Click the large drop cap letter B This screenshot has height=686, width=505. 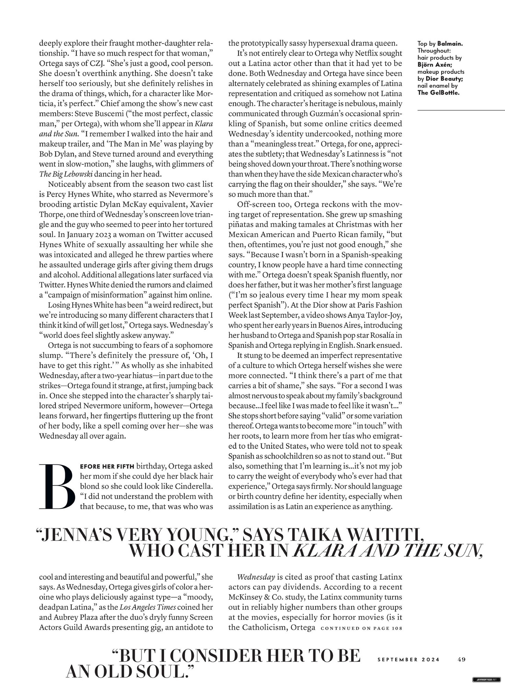[57, 486]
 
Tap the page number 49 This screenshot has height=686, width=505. [461, 659]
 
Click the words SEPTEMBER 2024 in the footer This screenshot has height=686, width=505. [408, 659]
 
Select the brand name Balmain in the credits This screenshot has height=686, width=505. [450, 44]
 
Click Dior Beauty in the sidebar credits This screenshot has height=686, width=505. [445, 79]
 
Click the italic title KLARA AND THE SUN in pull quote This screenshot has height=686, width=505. [387, 551]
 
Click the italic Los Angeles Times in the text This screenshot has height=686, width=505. [148, 607]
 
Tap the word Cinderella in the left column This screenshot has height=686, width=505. [194, 486]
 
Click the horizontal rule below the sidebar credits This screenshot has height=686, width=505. [461, 110]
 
